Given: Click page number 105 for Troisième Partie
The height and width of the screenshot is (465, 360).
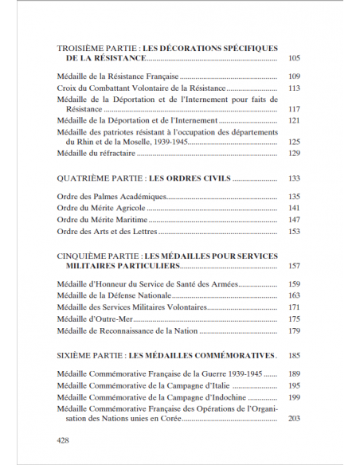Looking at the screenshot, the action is pyautogui.click(x=293, y=59).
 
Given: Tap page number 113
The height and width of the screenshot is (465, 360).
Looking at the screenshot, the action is pyautogui.click(x=293, y=88).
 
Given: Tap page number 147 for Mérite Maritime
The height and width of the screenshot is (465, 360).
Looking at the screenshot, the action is pyautogui.click(x=293, y=219).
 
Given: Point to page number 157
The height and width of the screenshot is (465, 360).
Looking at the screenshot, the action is pyautogui.click(x=293, y=266).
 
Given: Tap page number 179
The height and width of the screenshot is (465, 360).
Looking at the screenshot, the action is pyautogui.click(x=293, y=330).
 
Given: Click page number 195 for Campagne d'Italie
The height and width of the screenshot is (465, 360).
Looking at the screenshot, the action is pyautogui.click(x=293, y=385).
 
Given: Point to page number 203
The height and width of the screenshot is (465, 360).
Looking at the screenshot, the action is pyautogui.click(x=293, y=418).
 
